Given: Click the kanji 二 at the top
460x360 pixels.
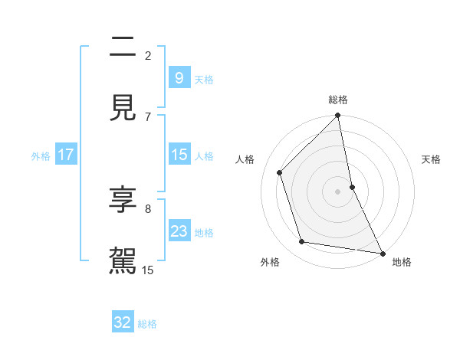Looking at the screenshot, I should click(x=123, y=48).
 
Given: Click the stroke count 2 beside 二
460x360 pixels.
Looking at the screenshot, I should click(x=148, y=55).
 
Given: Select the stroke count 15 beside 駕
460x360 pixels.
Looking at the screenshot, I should click(x=148, y=270).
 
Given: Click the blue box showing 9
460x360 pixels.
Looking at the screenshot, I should click(x=179, y=77).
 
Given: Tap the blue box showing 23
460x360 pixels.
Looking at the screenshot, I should click(x=179, y=231).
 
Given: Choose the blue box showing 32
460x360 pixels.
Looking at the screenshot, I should click(x=123, y=322).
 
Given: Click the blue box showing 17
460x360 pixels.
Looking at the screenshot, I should click(x=65, y=155).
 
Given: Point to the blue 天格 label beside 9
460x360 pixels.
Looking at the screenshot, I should click(x=204, y=79).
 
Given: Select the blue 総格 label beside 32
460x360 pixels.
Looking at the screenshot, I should click(x=147, y=324).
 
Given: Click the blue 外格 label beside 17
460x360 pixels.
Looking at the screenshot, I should click(x=41, y=156).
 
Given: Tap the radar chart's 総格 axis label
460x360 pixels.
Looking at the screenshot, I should click(x=338, y=100).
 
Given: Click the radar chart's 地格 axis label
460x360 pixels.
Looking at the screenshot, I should click(x=402, y=262).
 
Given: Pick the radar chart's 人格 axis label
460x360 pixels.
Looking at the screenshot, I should click(x=245, y=159).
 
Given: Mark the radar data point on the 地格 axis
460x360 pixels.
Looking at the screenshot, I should click(x=382, y=253).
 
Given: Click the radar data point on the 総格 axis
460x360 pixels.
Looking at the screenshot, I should click(x=338, y=116).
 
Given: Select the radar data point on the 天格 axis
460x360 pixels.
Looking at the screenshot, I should click(x=352, y=186).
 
